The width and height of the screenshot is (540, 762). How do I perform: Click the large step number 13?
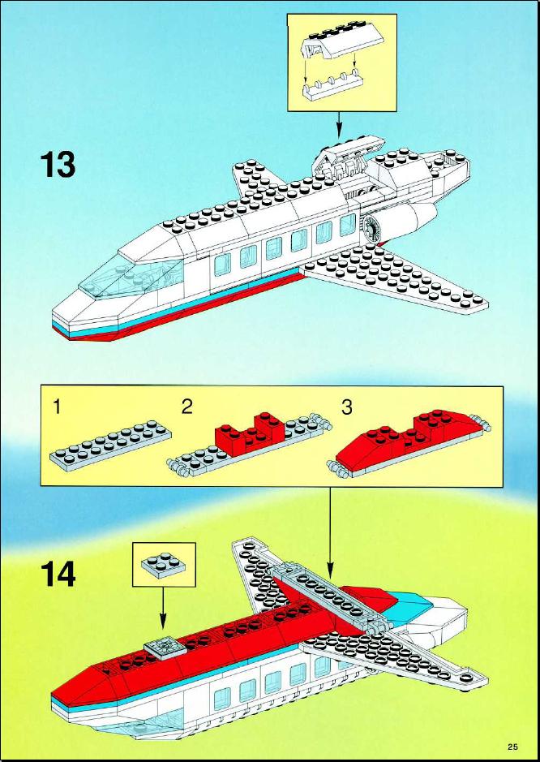58,165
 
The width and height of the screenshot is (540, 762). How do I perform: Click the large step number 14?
58,574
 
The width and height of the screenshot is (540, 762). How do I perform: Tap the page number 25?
513,746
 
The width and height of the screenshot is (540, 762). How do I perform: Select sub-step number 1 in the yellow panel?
58,407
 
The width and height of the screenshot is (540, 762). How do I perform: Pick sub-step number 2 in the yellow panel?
186,407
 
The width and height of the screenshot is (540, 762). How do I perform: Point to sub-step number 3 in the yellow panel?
346,407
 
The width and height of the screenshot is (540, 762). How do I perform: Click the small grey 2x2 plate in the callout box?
164,564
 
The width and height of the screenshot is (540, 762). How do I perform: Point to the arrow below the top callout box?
339,124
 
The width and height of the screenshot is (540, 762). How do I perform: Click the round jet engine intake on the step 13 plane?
373,226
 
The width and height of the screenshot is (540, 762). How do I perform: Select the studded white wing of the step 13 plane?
393,277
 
